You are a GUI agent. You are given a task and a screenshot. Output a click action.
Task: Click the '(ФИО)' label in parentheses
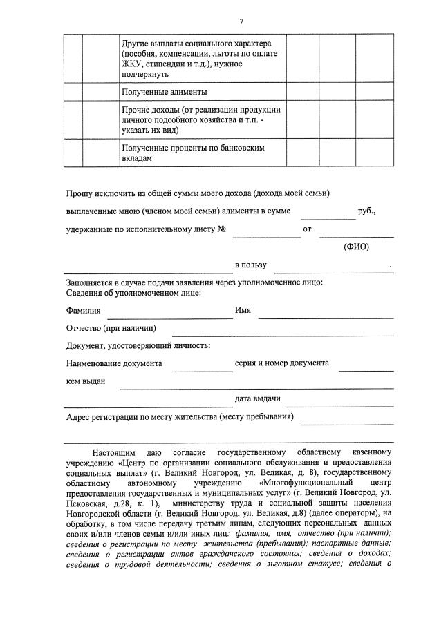point(357,247)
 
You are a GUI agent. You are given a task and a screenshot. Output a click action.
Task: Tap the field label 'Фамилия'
point(84,311)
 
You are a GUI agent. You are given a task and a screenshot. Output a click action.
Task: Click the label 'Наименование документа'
point(114,363)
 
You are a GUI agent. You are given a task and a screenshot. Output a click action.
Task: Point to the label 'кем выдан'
point(86,382)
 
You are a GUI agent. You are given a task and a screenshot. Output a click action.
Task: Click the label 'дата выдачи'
point(257,399)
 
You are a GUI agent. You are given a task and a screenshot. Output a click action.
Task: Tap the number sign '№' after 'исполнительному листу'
point(222,229)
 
